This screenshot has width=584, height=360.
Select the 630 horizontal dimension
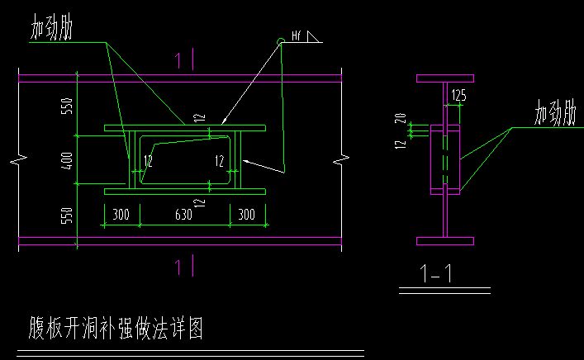(x=183, y=216)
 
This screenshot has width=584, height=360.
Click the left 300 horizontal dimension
(x=121, y=216)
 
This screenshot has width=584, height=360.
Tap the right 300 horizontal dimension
(x=246, y=216)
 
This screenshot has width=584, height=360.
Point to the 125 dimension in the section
(x=458, y=96)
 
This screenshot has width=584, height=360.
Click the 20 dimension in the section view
(x=401, y=118)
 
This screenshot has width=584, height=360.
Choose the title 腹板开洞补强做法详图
(x=110, y=329)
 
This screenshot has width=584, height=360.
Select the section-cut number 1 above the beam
(x=179, y=59)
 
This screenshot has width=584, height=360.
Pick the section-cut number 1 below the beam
(x=179, y=265)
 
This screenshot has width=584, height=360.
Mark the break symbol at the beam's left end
(x=18, y=159)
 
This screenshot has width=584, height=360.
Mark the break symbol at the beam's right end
(x=339, y=159)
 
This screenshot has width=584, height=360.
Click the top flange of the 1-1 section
(x=444, y=78)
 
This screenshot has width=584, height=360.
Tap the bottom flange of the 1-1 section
(x=444, y=241)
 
